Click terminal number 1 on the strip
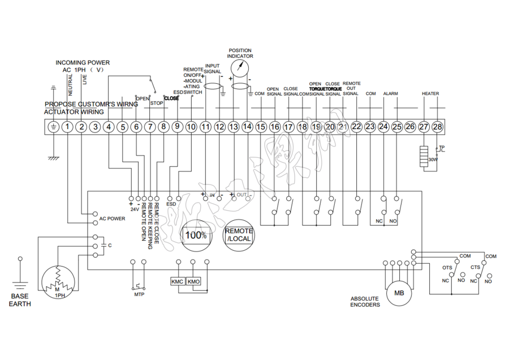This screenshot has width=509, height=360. point(67,127)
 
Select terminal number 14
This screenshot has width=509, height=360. point(247,127)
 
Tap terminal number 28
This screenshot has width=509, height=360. point(438,127)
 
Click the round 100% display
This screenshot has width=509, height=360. point(196,234)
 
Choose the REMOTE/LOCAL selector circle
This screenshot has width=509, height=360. point(239,234)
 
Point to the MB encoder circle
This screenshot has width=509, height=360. point(399,293)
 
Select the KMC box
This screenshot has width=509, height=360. point(178,281)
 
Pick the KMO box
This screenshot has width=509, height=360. point(193,281)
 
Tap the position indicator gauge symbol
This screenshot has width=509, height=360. point(240,69)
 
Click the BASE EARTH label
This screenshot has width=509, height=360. point(21,300)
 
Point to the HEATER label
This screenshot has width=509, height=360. point(430,93)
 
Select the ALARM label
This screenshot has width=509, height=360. point(391,93)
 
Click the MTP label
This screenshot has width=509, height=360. point(139,295)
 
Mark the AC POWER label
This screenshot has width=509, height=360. point(112,218)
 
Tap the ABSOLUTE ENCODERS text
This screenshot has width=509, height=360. point(365,302)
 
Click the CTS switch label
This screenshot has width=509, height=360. point(475,267)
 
